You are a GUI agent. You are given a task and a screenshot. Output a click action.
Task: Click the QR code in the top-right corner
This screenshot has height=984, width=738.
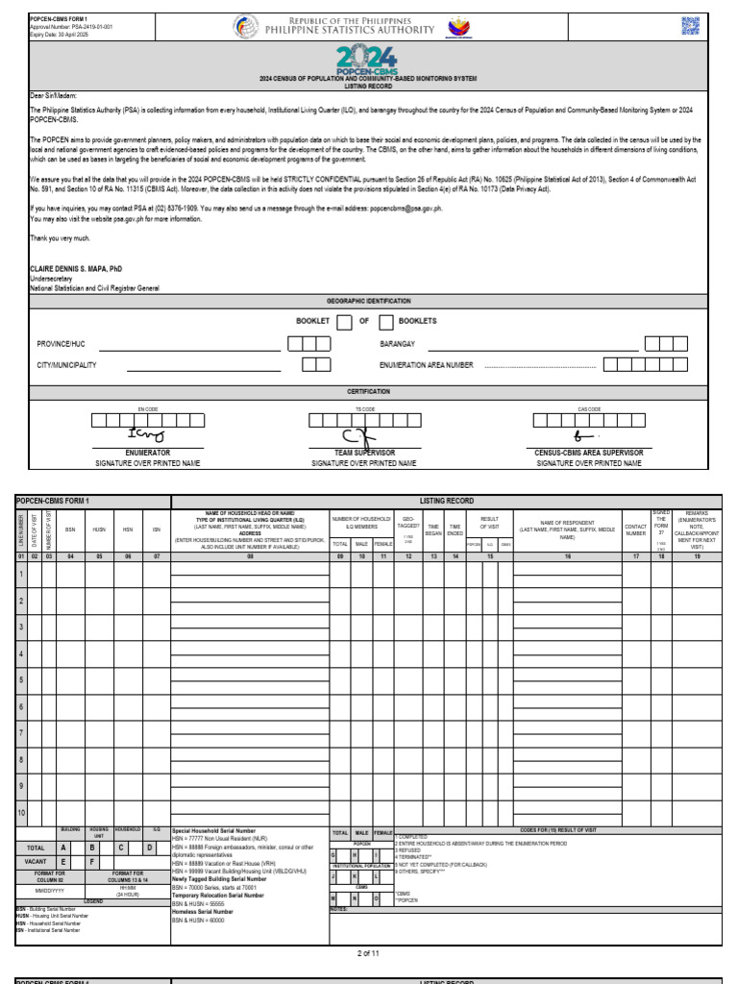point(691,26)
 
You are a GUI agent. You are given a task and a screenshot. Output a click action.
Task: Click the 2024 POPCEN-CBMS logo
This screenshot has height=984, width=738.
point(368,62)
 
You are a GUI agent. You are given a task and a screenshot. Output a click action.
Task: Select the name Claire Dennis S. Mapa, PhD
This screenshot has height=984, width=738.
point(76,269)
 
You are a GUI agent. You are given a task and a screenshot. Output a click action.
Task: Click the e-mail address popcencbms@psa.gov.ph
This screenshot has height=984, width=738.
point(411,208)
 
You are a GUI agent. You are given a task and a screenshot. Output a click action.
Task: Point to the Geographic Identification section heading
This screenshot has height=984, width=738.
point(368,301)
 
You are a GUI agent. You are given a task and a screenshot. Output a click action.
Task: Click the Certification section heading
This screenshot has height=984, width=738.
point(368,392)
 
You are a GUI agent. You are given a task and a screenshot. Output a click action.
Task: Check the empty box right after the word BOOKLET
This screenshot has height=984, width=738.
point(344,322)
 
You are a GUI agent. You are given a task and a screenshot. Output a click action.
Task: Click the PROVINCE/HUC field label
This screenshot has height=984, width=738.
point(61,344)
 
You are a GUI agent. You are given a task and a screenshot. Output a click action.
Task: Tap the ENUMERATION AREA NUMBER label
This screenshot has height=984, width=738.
point(427,365)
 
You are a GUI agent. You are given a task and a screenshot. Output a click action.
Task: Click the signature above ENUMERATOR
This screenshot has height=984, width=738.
point(145,436)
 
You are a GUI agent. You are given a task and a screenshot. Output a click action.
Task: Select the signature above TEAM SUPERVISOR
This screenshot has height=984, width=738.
point(363,437)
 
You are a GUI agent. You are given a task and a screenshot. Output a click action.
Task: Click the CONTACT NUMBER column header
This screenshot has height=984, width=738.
point(636,529)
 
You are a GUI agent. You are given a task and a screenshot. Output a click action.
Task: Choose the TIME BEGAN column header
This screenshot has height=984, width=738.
point(433,529)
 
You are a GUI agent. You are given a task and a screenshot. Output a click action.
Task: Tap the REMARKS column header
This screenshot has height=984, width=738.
point(697,529)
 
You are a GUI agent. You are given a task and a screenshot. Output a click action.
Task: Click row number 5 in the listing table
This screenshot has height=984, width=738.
point(21,679)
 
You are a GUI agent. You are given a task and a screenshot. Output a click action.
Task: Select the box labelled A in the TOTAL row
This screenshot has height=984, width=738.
point(63,849)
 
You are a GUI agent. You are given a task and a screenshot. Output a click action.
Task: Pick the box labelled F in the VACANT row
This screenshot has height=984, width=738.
point(92,862)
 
